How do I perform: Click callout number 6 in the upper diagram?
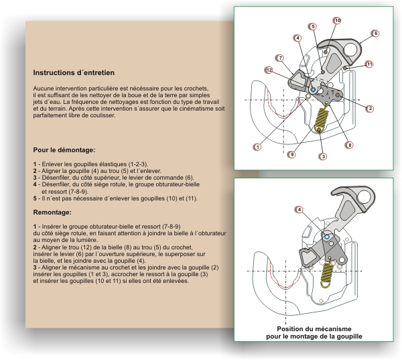pyautogui.click(x=375, y=33)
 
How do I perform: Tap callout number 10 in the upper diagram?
pyautogui.click(x=337, y=21)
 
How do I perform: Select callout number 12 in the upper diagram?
pyautogui.click(x=269, y=70)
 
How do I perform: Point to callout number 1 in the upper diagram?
pyautogui.click(x=257, y=146)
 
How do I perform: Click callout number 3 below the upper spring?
pyautogui.click(x=323, y=156)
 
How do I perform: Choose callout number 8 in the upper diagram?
pyautogui.click(x=350, y=145)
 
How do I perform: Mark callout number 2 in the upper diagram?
pyautogui.click(x=370, y=108)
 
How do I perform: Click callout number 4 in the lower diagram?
pyautogui.click(x=299, y=210)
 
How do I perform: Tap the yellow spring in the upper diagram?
pyautogui.click(x=321, y=120)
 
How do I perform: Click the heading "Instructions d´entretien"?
pyautogui.click(x=74, y=72)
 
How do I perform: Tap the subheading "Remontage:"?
pyautogui.click(x=52, y=212)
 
